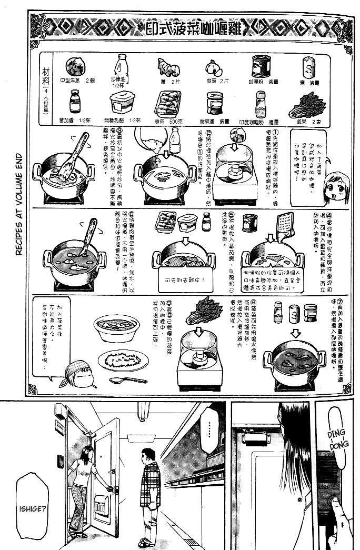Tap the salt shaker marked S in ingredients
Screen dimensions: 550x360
308,68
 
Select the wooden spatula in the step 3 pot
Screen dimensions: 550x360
72,158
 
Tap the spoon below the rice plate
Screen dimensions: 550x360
128,380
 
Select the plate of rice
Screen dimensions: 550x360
123,361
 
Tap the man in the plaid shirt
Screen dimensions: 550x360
149,492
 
